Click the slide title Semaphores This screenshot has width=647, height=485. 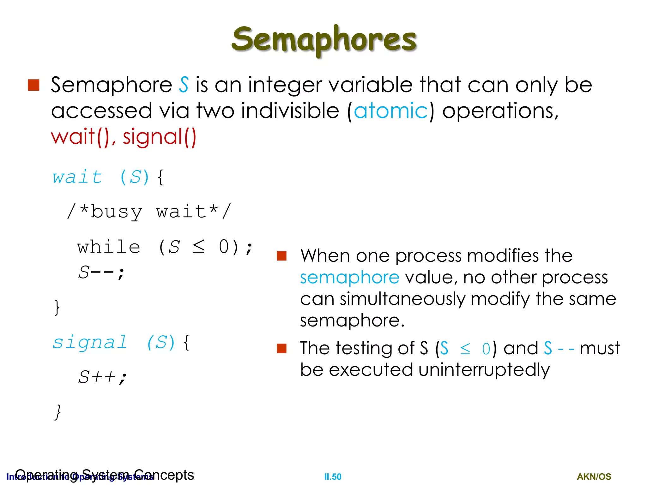[x=324, y=39]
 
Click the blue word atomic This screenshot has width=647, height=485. [x=390, y=111]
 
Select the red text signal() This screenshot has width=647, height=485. [x=160, y=137]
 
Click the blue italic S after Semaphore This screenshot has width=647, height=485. [x=184, y=85]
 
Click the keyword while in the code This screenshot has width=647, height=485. [x=109, y=247]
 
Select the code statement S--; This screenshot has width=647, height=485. [x=101, y=273]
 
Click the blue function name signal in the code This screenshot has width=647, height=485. [x=90, y=343]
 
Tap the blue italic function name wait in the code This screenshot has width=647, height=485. [x=77, y=177]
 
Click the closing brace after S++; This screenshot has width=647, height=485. [x=57, y=412]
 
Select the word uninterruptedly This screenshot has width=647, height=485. [x=484, y=370]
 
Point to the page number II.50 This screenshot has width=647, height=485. [x=333, y=476]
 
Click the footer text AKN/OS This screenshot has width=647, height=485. [x=594, y=476]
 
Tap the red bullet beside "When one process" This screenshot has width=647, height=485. [x=281, y=256]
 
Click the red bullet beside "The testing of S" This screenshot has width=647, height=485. [x=281, y=348]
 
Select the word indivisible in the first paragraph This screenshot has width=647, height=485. [x=290, y=111]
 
